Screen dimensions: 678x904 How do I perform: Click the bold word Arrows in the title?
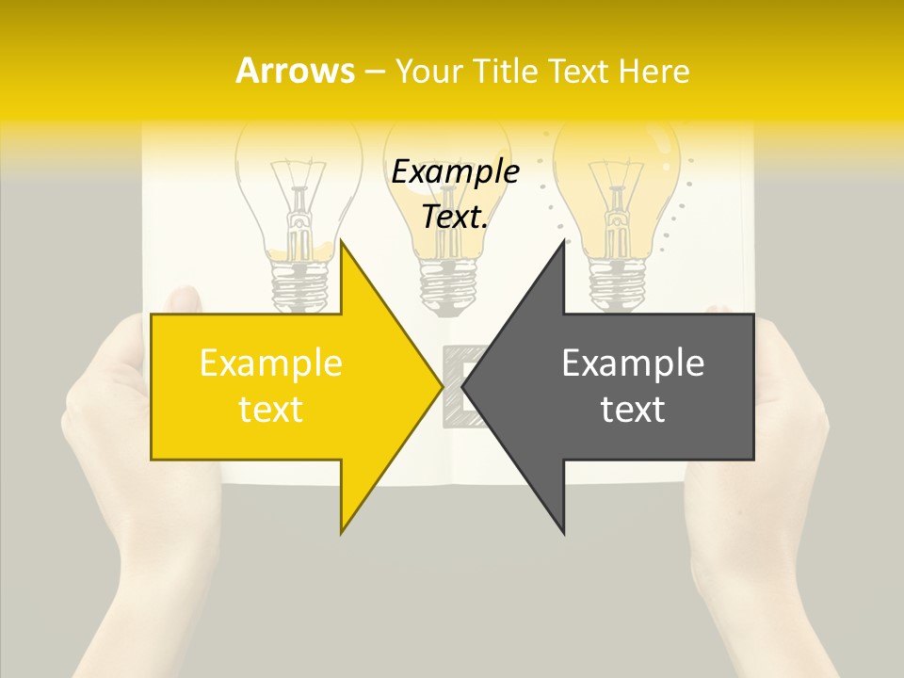tap(295, 71)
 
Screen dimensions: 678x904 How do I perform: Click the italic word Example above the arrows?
tap(456, 171)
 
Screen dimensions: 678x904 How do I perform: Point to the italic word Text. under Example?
tap(456, 217)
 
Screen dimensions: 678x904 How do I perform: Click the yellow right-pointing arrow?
tap(282, 386)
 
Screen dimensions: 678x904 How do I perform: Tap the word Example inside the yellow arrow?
tap(271, 363)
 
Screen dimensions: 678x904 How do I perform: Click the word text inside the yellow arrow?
tap(271, 410)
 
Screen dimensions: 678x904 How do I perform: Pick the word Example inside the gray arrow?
tap(633, 363)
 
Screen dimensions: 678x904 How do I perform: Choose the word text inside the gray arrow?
tap(633, 410)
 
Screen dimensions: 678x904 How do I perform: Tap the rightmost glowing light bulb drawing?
tap(617, 188)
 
